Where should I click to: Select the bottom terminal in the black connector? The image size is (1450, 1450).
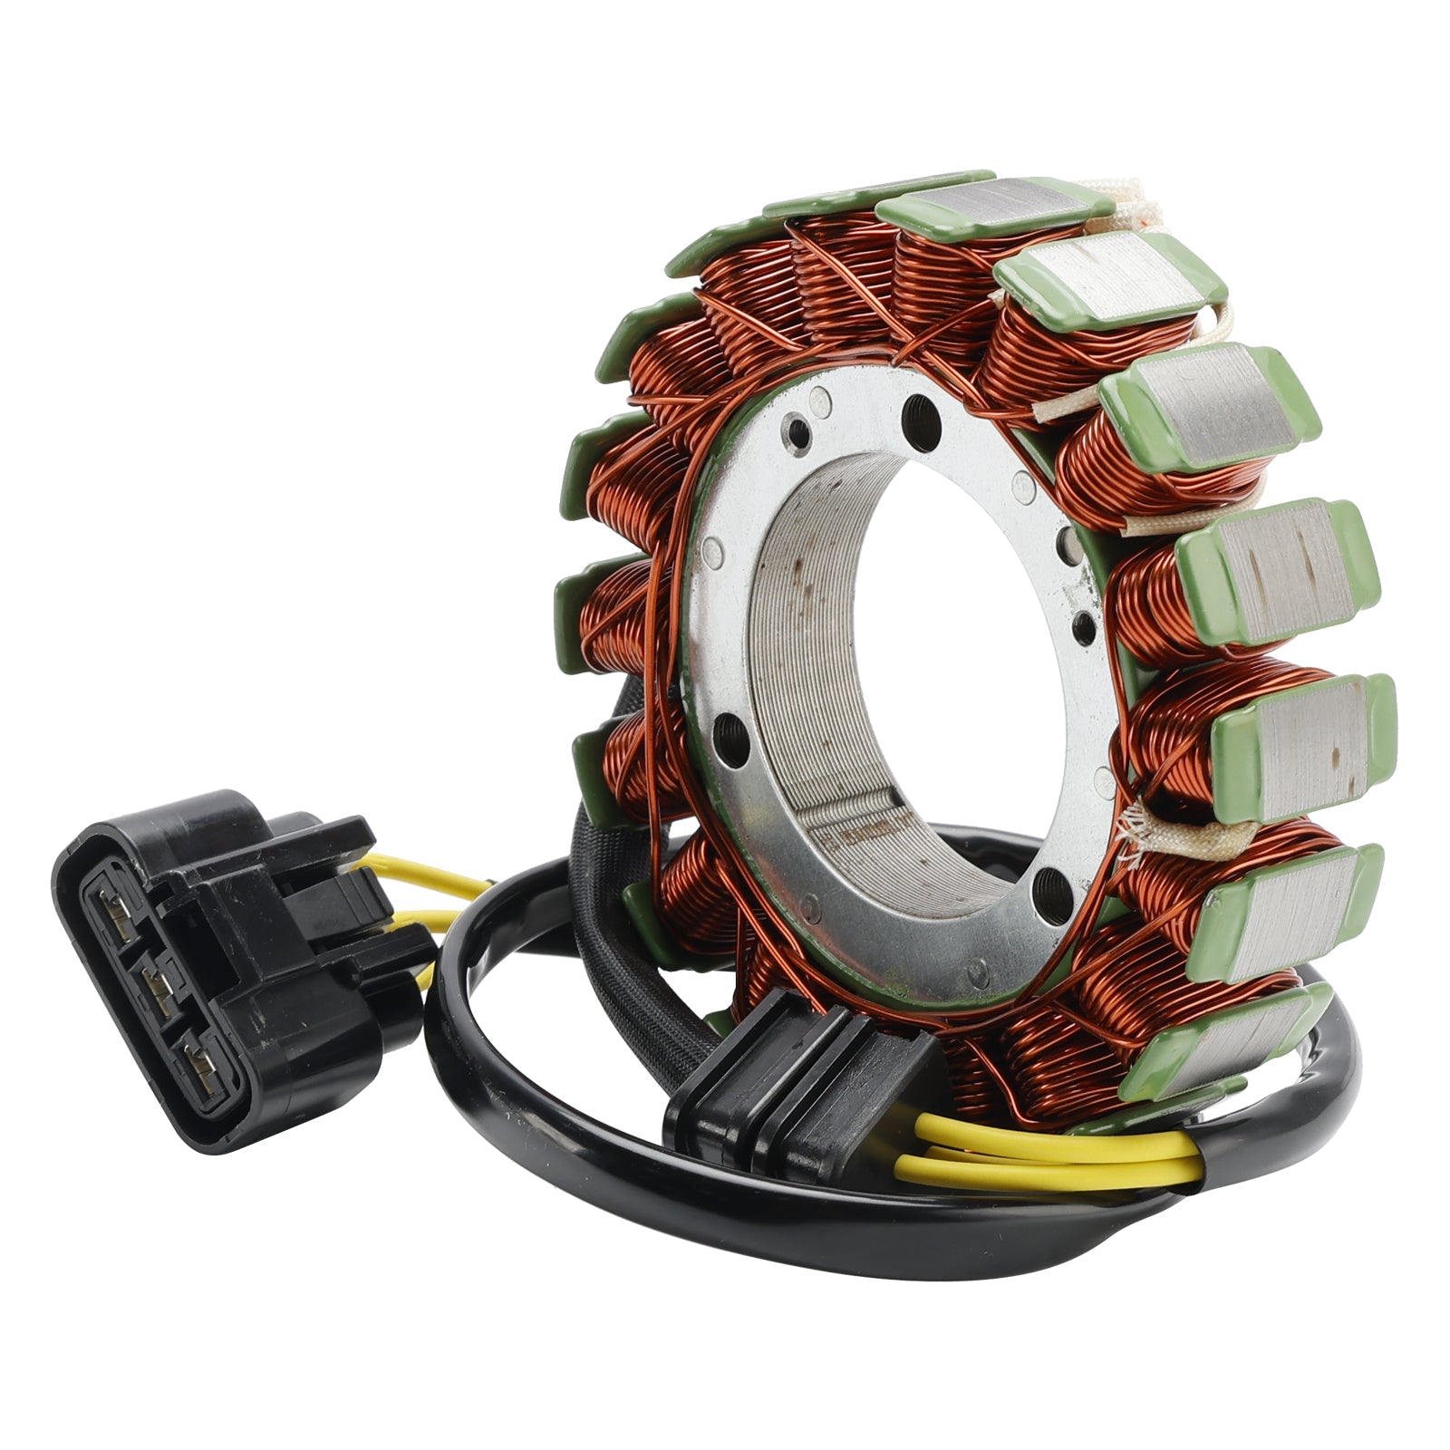(x=200, y=1068)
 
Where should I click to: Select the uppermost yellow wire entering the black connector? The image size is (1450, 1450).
(x=426, y=877)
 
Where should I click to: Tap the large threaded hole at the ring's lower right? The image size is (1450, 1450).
(x=1052, y=880)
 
